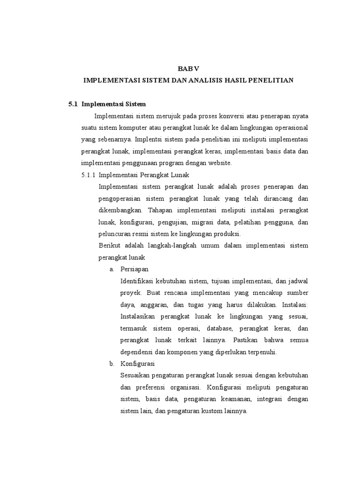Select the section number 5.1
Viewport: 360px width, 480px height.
[x=73, y=104]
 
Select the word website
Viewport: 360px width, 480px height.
[x=218, y=163]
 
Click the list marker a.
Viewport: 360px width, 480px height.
[x=112, y=269]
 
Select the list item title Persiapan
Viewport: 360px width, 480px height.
[x=134, y=269]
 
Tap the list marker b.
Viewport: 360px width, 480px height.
[x=112, y=364]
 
